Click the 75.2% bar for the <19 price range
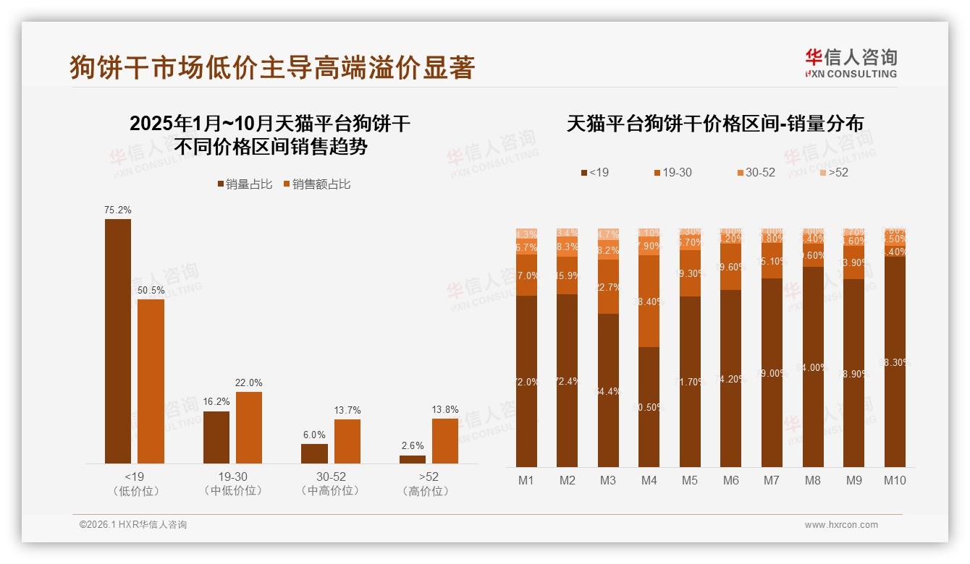coord(118,341)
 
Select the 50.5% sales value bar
coord(151,381)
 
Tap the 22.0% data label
coord(249,383)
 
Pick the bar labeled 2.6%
coord(413,459)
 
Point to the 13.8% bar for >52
coord(445,440)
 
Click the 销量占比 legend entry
coord(245,184)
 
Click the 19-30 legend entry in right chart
coord(672,173)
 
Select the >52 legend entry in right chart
coord(833,173)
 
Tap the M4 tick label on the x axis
coord(649,480)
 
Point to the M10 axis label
coord(895,480)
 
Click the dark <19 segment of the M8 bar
coord(814,367)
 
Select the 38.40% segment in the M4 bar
coord(649,302)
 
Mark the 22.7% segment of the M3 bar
coord(608,286)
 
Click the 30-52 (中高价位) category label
coord(331,484)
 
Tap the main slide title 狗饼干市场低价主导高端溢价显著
coord(272,67)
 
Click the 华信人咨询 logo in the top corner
coord(851,63)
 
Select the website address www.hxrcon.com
coord(841,525)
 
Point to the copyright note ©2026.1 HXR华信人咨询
coord(132,525)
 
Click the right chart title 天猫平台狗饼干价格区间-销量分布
coord(714,124)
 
